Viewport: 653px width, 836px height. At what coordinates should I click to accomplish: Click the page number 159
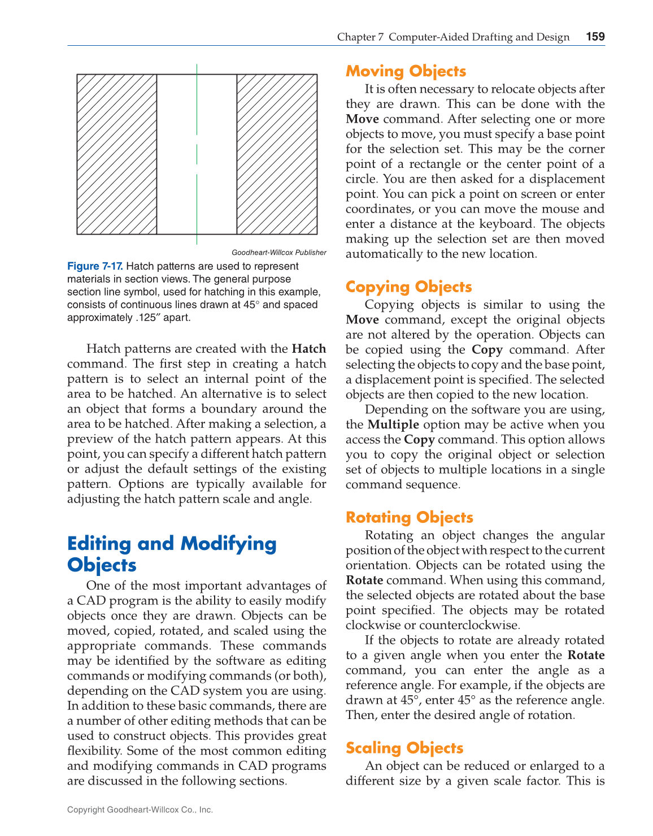click(595, 37)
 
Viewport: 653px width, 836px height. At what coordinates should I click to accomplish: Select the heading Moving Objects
click(406, 71)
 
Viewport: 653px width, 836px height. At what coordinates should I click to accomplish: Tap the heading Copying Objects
click(408, 287)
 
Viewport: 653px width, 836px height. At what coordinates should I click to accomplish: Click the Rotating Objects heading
click(409, 517)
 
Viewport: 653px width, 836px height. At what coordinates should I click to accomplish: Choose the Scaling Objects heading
click(404, 748)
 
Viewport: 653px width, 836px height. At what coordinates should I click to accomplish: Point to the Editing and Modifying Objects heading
click(172, 554)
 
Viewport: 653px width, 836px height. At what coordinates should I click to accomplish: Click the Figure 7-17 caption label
click(95, 266)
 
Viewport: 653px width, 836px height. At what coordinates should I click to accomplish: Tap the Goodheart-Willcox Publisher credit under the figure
click(278, 253)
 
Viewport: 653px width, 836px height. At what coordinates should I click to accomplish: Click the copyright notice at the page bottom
click(140, 809)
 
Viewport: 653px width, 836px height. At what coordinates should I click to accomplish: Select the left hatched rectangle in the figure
click(117, 154)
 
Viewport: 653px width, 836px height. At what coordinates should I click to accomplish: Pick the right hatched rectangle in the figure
click(277, 154)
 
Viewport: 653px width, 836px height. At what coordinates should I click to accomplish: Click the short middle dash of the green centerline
click(197, 154)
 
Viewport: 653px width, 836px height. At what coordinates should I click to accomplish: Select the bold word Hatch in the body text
click(309, 349)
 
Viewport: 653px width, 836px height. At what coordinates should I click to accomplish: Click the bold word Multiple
click(393, 425)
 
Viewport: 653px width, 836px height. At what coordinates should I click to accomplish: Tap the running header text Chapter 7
click(360, 37)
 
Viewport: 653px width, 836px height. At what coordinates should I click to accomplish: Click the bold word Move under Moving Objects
click(362, 119)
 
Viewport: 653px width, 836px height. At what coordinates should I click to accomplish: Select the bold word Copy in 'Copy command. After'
click(487, 350)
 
